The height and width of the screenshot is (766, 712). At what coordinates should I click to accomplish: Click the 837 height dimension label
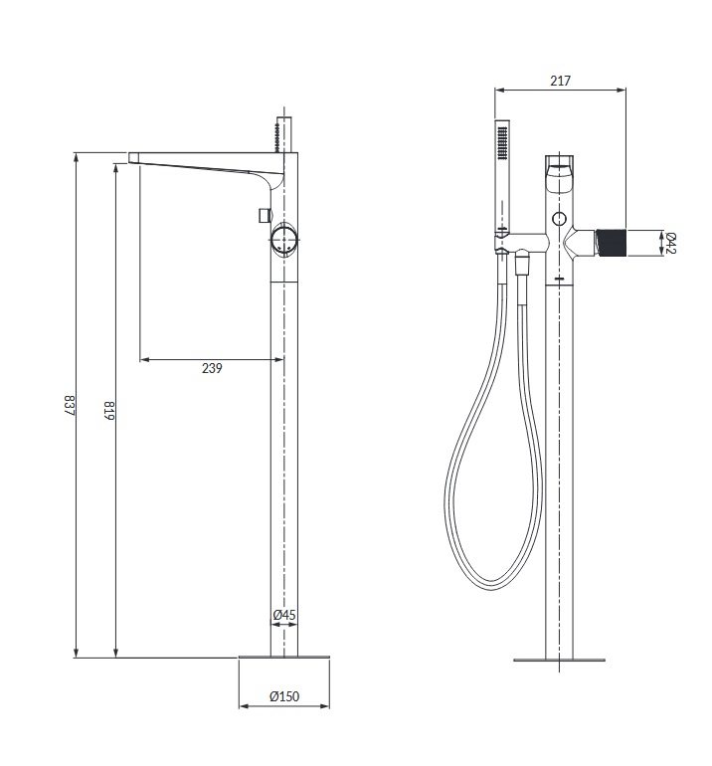tap(69, 405)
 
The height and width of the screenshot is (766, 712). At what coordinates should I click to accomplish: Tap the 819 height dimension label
tap(109, 411)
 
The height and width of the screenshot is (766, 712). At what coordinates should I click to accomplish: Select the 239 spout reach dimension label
tap(212, 368)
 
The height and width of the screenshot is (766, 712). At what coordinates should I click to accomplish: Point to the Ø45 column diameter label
tap(284, 615)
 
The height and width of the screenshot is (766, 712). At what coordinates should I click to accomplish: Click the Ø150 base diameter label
tap(284, 695)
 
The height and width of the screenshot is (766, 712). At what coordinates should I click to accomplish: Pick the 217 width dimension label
tap(560, 81)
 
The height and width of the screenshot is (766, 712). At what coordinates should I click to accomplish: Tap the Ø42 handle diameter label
tap(671, 243)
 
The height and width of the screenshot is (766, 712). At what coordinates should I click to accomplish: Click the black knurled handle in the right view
tap(611, 243)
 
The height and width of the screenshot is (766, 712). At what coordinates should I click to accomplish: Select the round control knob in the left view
tap(283, 240)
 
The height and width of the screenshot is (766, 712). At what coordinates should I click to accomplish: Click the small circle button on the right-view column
tap(559, 219)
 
